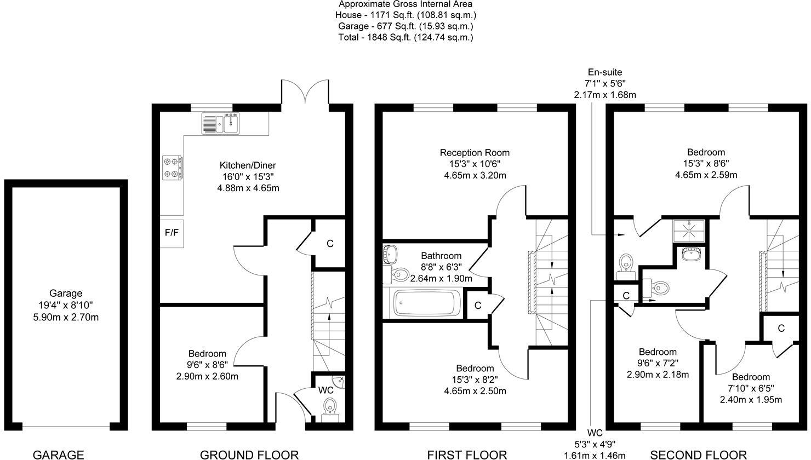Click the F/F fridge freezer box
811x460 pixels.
click(172, 233)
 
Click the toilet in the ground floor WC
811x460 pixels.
click(329, 407)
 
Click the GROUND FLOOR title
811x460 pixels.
click(249, 454)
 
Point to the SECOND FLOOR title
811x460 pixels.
click(698, 454)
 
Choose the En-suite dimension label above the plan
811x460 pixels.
click(604, 83)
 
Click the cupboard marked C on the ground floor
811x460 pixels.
click(330, 244)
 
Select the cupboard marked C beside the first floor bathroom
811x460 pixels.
click(478, 305)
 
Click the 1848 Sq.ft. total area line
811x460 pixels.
click(405, 37)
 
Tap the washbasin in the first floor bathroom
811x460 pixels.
click(390, 253)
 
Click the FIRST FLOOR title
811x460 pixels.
click(467, 454)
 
